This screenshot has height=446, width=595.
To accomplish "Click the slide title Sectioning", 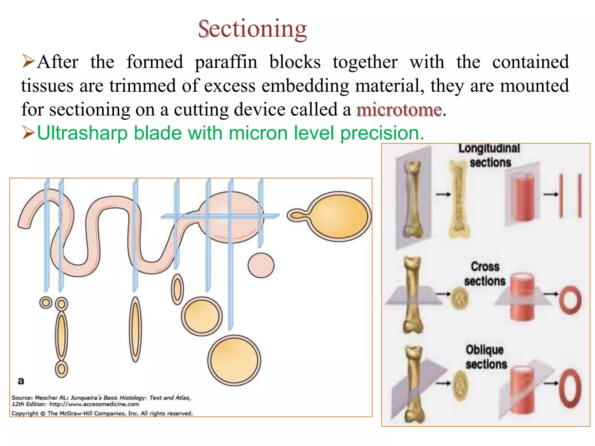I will tap(252, 29).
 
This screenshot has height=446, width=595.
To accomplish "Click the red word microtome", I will tap(399, 110).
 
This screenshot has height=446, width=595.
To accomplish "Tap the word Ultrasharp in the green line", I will tap(82, 133).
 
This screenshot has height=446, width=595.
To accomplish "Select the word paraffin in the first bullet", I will tap(226, 62).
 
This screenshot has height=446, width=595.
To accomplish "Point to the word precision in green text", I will tap(382, 133).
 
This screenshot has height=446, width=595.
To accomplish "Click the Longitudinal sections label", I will tap(490, 156).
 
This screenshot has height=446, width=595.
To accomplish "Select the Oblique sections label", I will tap(485, 357).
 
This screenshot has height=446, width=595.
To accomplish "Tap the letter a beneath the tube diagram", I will tap(21, 381).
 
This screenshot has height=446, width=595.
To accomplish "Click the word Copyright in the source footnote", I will tap(25, 413).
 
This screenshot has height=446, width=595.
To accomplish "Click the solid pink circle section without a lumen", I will tap(261, 265).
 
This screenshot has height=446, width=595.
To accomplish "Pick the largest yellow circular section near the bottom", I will tap(234, 360).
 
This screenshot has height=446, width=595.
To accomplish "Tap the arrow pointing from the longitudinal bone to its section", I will tap(443, 194).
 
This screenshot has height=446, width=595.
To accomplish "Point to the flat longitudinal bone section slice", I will tap(458, 199).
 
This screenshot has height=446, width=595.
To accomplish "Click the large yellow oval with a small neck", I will tap(337, 216).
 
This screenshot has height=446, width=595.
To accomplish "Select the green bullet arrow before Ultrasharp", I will tap(28, 133).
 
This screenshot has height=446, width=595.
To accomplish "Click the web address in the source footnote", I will tap(94, 404).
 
